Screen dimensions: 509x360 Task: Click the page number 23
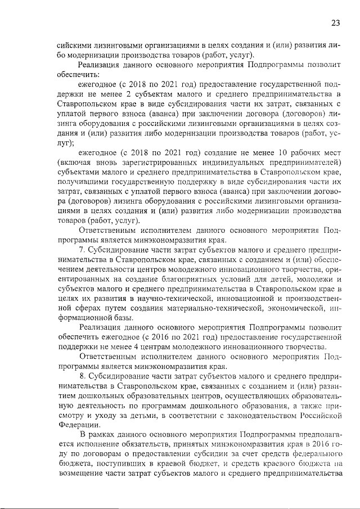coord(335,23)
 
